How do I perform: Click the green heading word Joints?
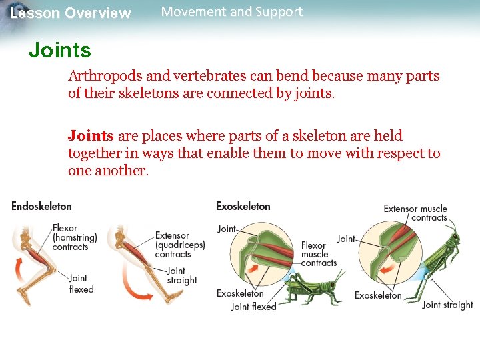pos(60,50)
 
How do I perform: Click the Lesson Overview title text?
pos(71,13)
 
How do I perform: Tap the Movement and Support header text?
pos(232,12)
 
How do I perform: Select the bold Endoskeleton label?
pos(41,207)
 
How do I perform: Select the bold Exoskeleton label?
pos(243,207)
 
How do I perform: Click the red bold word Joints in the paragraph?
pos(91,136)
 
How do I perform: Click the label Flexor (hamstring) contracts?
pos(75,237)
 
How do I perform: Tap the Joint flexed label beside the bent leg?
pos(81,283)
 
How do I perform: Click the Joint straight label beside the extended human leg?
pos(182,275)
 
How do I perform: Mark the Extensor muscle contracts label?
pos(415,213)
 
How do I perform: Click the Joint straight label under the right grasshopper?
pos(447,305)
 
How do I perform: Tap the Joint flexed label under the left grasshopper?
pos(253,307)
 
